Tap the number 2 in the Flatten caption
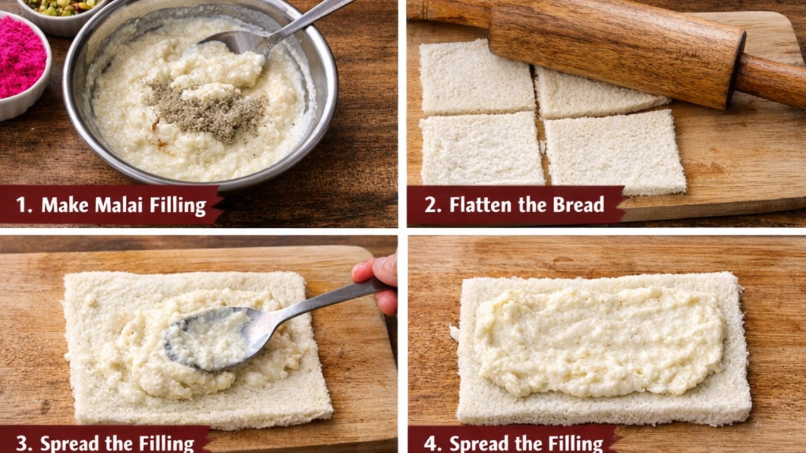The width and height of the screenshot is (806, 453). click(430, 205)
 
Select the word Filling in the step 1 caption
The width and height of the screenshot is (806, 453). click(178, 206)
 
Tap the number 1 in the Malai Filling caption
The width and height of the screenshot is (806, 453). click(21, 205)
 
